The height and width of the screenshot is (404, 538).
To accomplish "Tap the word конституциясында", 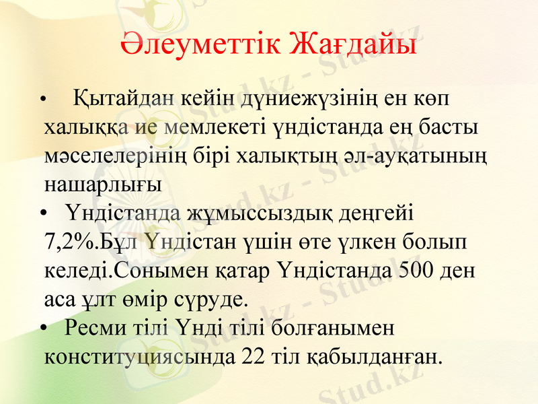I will point(141,356).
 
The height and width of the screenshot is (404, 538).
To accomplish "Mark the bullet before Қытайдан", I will point(43,101).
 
